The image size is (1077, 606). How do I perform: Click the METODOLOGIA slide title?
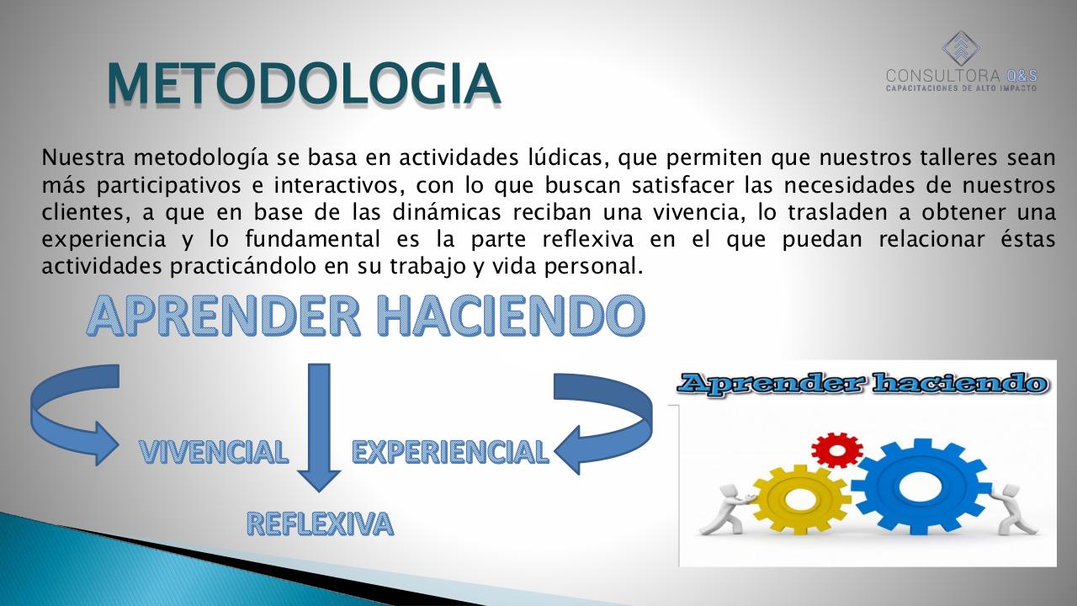[x=304, y=82]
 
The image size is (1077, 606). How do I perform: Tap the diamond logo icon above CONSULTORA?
[x=961, y=49]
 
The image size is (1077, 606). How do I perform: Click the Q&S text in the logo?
[x=1021, y=76]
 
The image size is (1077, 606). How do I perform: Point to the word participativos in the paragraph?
[x=169, y=186]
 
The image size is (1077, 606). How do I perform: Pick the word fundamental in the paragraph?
[x=312, y=239]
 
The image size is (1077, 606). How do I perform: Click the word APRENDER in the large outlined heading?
[x=224, y=316]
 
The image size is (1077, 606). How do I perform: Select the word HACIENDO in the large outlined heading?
[x=511, y=316]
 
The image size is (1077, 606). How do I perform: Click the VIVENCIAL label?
[x=214, y=452]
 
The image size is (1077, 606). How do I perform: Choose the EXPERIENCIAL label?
[x=450, y=452]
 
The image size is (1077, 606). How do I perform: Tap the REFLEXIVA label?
[x=321, y=524]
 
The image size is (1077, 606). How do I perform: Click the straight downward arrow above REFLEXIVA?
[x=319, y=427]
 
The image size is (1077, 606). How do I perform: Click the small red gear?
[x=837, y=450]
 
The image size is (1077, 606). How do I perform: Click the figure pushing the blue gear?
[x=1009, y=511]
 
